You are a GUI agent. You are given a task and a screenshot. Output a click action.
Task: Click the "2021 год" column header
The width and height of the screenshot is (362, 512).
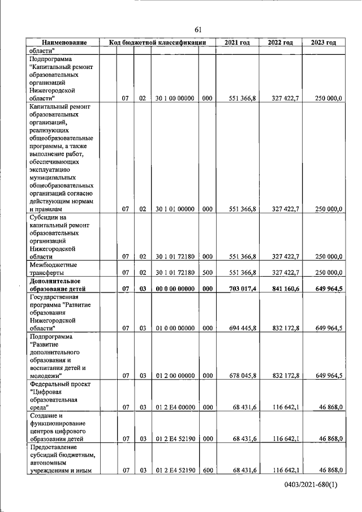(x=238, y=42)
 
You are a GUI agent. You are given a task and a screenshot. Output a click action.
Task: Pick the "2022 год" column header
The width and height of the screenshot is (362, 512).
(x=281, y=42)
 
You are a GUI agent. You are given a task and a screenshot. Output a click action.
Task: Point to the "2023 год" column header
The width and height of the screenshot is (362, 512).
(x=324, y=42)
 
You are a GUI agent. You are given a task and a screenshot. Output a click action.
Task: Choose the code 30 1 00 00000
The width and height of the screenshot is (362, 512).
(x=175, y=98)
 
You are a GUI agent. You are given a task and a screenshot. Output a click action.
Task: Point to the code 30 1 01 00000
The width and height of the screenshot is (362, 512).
(x=175, y=209)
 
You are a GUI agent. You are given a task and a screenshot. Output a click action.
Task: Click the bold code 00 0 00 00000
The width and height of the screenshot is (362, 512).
(x=175, y=289)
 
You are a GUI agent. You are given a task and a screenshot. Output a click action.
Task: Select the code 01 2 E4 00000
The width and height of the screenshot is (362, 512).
(x=175, y=407)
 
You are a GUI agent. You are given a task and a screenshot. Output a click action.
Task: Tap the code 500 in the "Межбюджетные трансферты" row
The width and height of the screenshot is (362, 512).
(x=207, y=272)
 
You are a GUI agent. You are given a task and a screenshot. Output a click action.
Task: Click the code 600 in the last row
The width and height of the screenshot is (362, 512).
(x=207, y=470)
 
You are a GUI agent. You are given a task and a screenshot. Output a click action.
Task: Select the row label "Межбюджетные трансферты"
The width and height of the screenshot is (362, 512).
(x=54, y=268)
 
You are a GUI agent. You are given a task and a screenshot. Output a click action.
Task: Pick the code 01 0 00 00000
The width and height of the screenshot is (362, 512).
(x=175, y=328)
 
